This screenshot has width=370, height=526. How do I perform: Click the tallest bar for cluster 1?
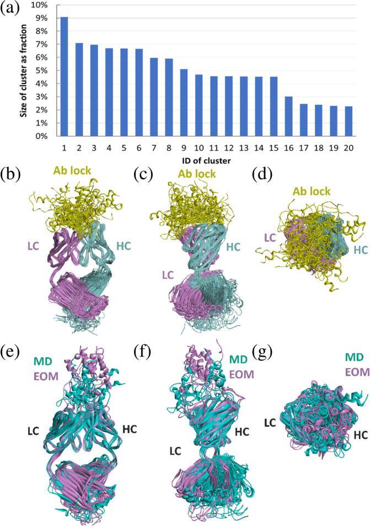64,77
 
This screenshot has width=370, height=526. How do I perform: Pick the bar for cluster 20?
349,121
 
